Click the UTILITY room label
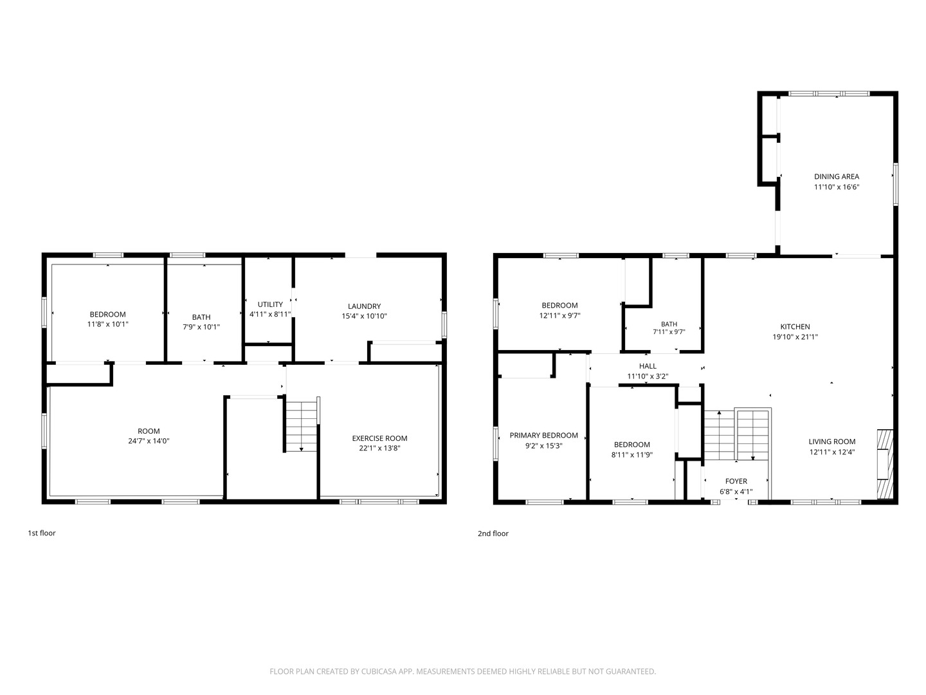(270, 304)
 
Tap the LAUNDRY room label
(364, 306)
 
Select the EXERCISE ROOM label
(379, 438)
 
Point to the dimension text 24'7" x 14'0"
(149, 441)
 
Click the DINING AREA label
(836, 176)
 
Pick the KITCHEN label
(795, 327)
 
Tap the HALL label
(647, 366)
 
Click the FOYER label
(736, 481)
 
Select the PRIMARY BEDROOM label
(543, 435)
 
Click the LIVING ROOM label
(831, 441)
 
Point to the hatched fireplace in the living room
(885, 464)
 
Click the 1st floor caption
(42, 533)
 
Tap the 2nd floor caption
(493, 533)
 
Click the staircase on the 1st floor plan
(301, 426)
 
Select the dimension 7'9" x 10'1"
(201, 327)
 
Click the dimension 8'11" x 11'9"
(631, 455)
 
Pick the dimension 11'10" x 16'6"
(836, 187)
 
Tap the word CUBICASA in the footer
(376, 671)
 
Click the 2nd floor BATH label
(669, 324)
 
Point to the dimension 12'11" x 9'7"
(559, 315)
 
